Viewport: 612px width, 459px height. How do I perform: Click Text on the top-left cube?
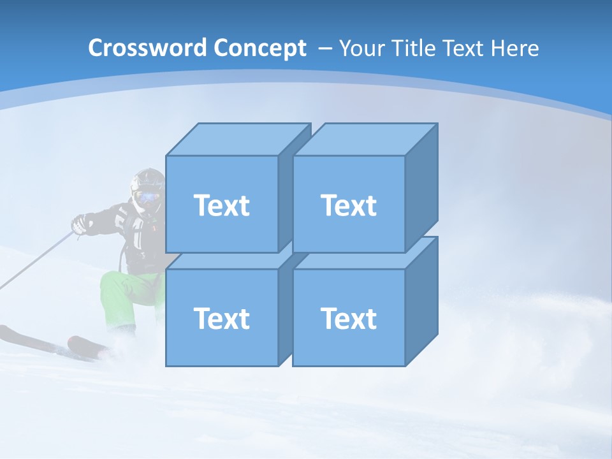click(x=221, y=205)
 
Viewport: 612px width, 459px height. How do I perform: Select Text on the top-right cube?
click(x=349, y=205)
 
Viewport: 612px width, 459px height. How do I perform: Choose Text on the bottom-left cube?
click(x=221, y=318)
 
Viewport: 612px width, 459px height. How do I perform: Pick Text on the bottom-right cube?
click(x=349, y=318)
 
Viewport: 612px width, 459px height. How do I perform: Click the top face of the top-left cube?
click(x=237, y=139)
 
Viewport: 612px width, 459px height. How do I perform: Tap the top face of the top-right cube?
click(x=365, y=139)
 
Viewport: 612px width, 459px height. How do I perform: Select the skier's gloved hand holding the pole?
click(x=80, y=224)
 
